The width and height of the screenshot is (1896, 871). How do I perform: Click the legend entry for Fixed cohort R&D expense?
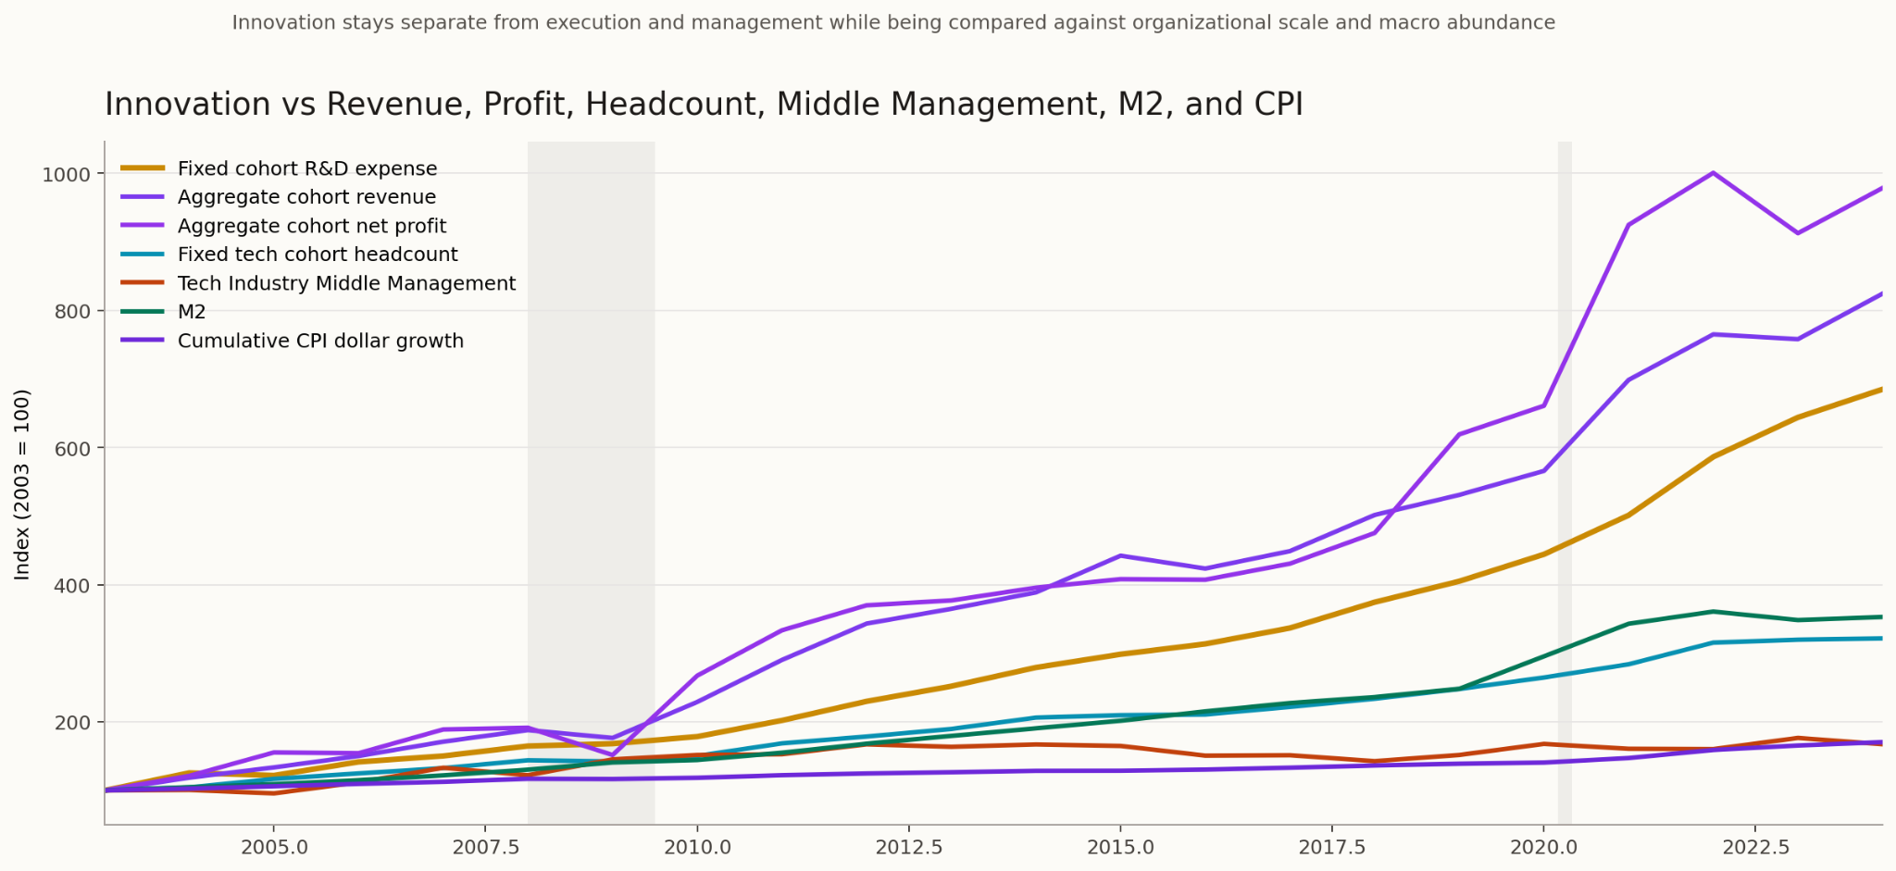point(306,168)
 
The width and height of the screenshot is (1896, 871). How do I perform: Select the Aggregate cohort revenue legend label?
point(306,197)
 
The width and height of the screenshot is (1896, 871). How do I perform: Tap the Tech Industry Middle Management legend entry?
point(346,283)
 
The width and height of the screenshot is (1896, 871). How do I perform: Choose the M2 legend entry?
point(192,312)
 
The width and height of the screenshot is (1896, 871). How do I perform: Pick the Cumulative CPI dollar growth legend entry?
point(320,341)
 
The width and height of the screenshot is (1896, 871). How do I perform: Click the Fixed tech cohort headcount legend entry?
point(318,255)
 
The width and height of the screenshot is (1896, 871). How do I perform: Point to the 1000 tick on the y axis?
point(66,174)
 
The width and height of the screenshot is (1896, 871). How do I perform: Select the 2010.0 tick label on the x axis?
point(697,847)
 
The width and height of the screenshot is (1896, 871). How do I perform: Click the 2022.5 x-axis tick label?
point(1754,847)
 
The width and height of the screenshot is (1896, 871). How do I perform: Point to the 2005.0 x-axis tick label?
point(274,847)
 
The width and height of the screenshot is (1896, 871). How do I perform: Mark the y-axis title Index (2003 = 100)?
point(23,484)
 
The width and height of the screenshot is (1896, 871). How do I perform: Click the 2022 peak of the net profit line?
point(1713,173)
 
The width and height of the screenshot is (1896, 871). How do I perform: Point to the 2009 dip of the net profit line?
point(612,755)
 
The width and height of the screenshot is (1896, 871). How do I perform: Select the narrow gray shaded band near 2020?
point(1565,481)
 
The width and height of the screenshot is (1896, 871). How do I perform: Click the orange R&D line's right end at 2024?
point(1880,390)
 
